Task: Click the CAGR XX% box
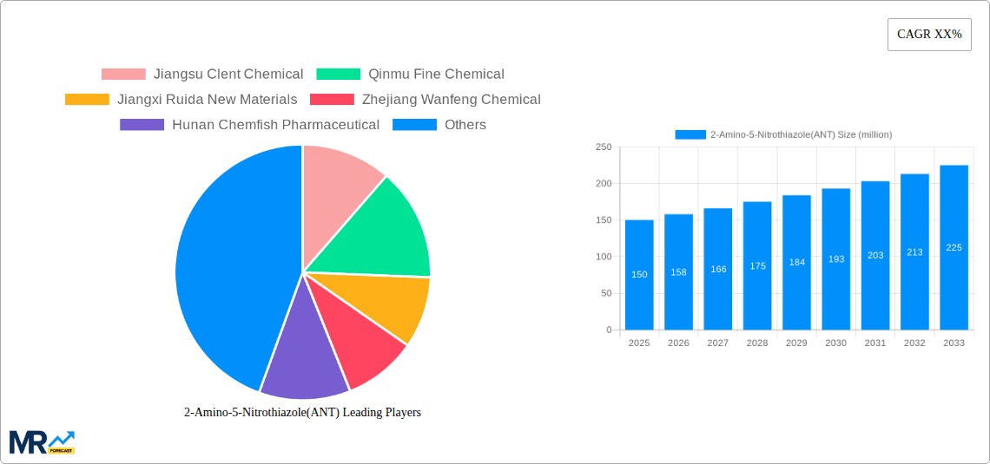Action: point(928,35)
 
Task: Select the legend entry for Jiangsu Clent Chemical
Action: point(202,75)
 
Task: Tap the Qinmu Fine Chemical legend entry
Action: point(410,75)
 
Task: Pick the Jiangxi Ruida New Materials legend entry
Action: point(181,100)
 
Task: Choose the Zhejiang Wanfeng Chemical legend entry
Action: point(426,100)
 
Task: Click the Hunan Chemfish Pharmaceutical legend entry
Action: point(249,125)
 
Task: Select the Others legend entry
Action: point(439,125)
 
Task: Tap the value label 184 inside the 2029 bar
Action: point(796,262)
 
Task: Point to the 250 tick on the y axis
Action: point(603,147)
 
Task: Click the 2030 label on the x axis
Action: point(835,343)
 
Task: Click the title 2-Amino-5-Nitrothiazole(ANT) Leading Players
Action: point(302,413)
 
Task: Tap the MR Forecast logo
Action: point(42,441)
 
